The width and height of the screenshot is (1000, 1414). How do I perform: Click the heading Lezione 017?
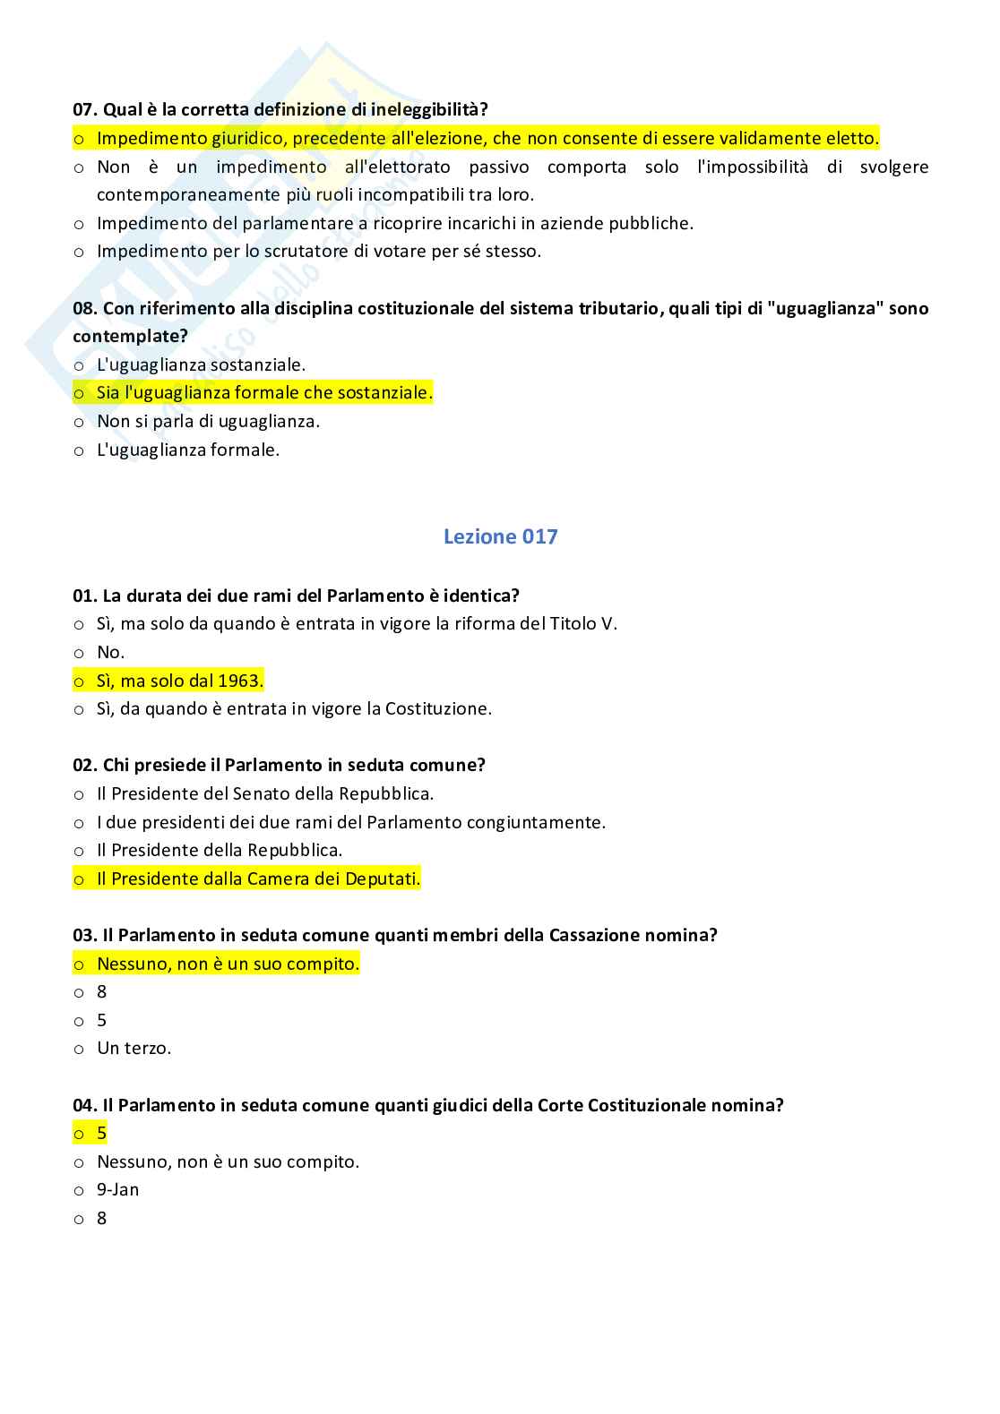tap(500, 536)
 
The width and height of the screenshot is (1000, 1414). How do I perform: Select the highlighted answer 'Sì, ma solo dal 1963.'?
tap(179, 681)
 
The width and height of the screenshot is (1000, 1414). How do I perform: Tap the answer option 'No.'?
tap(110, 652)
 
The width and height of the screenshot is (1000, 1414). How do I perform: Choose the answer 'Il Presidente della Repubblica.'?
tap(220, 850)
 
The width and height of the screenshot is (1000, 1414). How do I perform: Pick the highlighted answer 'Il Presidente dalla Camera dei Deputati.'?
tap(258, 878)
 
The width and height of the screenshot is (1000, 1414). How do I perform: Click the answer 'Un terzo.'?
tap(134, 1048)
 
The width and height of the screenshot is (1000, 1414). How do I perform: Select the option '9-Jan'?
tap(117, 1189)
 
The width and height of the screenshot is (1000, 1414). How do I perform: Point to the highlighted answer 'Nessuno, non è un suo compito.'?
tap(228, 964)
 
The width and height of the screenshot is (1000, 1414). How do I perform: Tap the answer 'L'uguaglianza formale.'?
tap(188, 450)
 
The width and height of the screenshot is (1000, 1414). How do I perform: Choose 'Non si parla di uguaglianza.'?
tap(208, 421)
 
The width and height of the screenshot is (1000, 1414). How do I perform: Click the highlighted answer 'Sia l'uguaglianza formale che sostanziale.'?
tap(264, 392)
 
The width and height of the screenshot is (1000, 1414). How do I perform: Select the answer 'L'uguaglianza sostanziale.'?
tap(201, 364)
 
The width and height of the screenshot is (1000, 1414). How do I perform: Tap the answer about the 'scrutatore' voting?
tap(319, 251)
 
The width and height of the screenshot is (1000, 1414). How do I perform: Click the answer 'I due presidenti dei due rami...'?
tap(351, 822)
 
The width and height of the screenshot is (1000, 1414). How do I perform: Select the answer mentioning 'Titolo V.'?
tap(357, 623)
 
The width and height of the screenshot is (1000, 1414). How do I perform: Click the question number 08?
tap(84, 308)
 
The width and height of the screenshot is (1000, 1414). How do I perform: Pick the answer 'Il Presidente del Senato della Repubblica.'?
tap(265, 793)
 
